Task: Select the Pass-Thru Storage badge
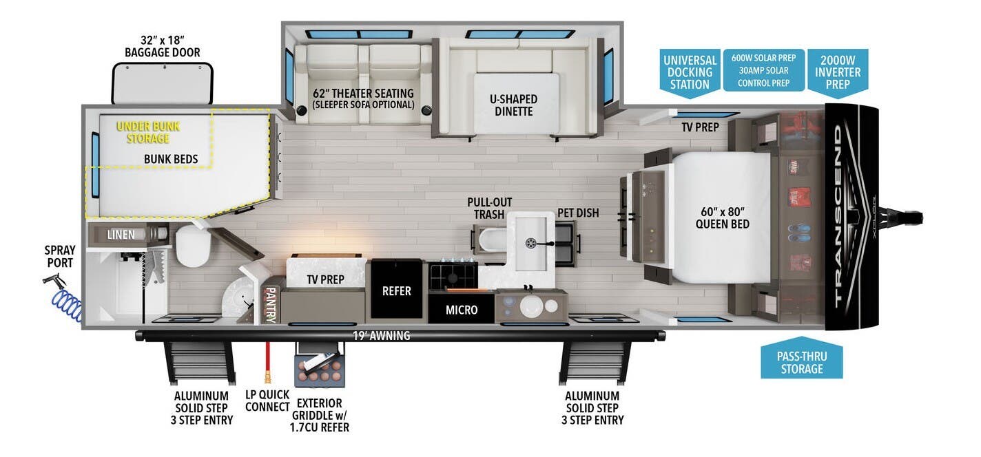click(x=802, y=362)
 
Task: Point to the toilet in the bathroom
click(x=192, y=246)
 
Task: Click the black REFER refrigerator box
click(x=396, y=290)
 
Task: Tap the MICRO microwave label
click(x=461, y=310)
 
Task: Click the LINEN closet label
click(x=121, y=235)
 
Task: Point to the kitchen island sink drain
click(x=531, y=242)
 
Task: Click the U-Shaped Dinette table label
click(x=513, y=105)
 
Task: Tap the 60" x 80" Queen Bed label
click(x=721, y=217)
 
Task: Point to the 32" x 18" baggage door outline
click(x=163, y=83)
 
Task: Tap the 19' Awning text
click(x=380, y=336)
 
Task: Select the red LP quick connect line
click(x=265, y=358)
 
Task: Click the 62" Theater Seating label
click(x=363, y=98)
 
